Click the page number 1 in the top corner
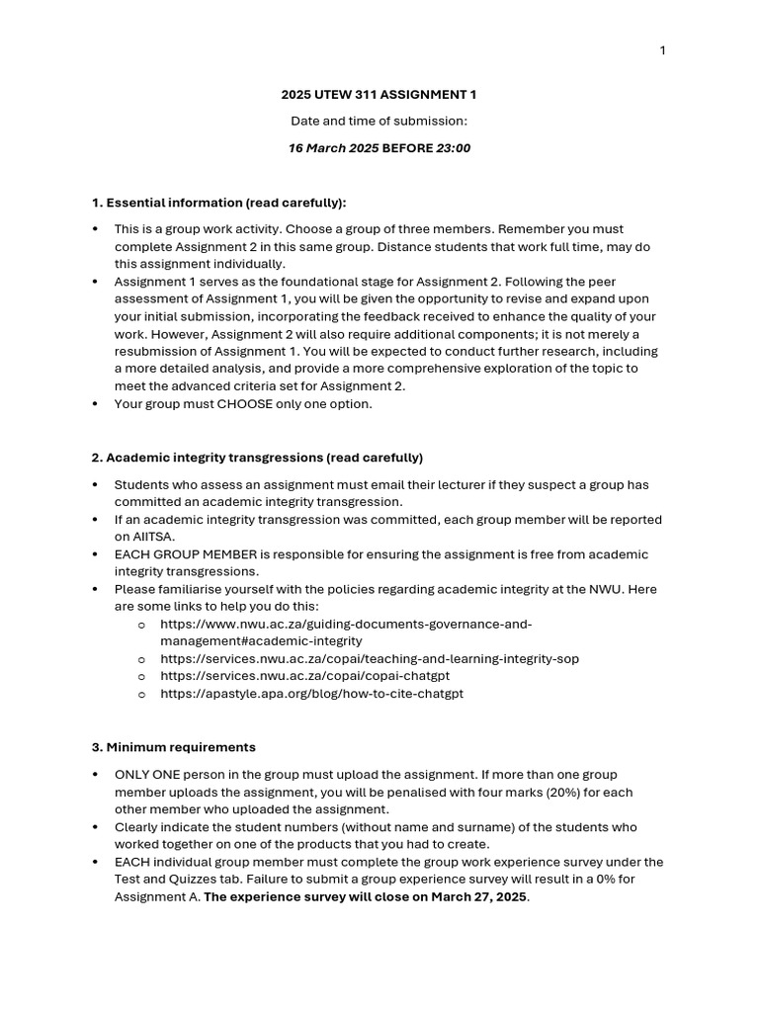pos(662,51)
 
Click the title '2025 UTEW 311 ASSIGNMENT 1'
pos(379,95)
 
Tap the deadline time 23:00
pos(453,148)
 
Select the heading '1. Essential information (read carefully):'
pos(218,203)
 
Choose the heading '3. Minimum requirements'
pos(173,747)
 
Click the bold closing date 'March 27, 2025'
pos(479,897)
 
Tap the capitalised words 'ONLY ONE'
pos(145,775)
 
